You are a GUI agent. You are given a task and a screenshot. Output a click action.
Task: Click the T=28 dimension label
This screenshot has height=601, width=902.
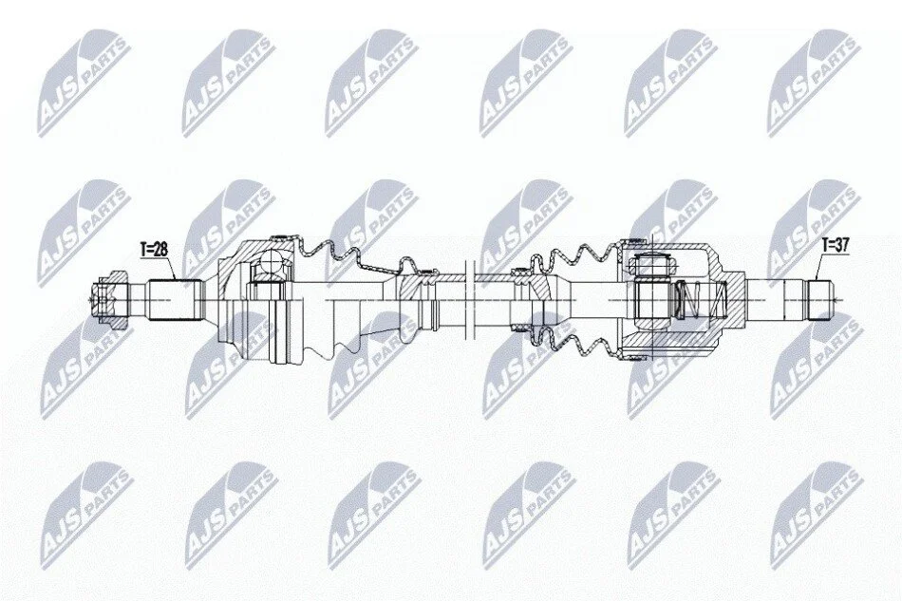154,249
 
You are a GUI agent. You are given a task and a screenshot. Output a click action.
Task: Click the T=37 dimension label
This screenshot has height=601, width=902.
836,246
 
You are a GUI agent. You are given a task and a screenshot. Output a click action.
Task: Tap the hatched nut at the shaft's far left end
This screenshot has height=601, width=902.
109,300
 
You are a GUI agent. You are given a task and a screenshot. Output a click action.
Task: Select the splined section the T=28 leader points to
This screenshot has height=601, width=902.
176,300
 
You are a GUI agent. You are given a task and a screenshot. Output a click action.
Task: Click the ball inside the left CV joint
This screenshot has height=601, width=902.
271,266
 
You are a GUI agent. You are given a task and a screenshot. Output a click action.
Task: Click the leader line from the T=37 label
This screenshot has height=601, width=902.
819,266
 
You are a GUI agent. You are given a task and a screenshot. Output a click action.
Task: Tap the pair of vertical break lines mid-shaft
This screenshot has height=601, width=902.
468,300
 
